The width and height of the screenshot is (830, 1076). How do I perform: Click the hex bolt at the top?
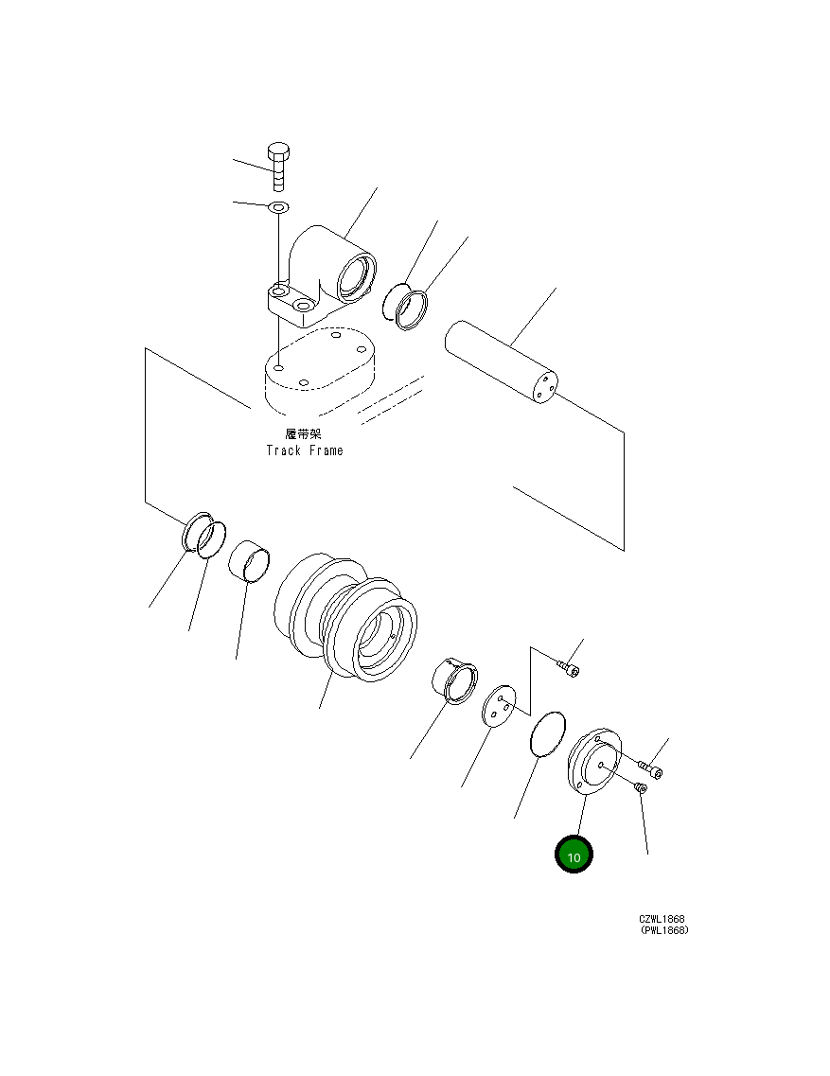pyautogui.click(x=278, y=168)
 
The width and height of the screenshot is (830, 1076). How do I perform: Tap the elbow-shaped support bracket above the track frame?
pyautogui.click(x=326, y=274)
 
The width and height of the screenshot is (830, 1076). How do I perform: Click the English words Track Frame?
pyautogui.click(x=304, y=450)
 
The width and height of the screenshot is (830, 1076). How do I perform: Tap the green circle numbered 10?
pyautogui.click(x=574, y=855)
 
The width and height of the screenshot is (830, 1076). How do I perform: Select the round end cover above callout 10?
pyautogui.click(x=592, y=761)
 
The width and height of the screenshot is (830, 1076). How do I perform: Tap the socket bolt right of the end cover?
pyautogui.click(x=651, y=770)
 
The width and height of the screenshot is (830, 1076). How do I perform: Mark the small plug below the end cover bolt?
pyautogui.click(x=641, y=787)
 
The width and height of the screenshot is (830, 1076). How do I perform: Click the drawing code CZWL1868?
pyautogui.click(x=662, y=919)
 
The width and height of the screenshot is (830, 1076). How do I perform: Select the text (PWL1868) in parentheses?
pyautogui.click(x=663, y=930)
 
